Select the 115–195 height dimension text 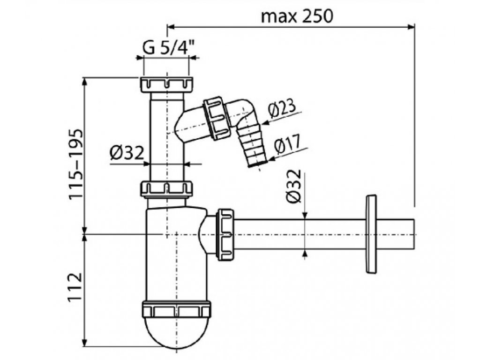pyautogui.click(x=75, y=165)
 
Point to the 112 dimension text pyautogui.click(x=75, y=287)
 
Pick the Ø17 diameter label pyautogui.click(x=287, y=144)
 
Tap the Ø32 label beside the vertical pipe pyautogui.click(x=127, y=152)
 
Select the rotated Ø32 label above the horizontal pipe pyautogui.click(x=294, y=186)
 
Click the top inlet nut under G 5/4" pyautogui.click(x=167, y=85)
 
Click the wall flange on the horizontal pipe pyautogui.click(x=371, y=233)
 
